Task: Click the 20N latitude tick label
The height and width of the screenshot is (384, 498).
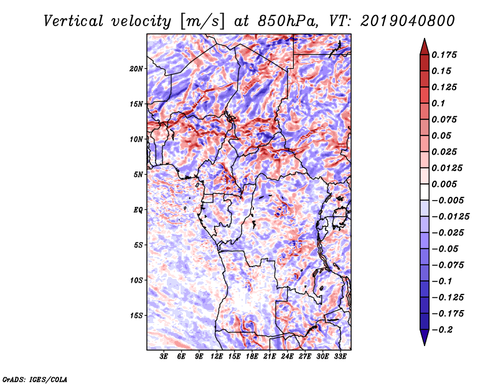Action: click(x=136, y=69)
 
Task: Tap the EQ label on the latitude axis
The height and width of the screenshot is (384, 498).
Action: click(x=138, y=210)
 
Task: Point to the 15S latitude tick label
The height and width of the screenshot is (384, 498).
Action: click(x=136, y=316)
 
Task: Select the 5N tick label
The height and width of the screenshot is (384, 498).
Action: click(x=138, y=175)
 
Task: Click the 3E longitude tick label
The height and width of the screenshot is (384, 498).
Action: click(x=164, y=357)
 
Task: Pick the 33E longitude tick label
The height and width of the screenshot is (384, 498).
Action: click(x=340, y=357)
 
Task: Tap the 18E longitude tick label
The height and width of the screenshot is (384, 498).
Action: click(x=252, y=357)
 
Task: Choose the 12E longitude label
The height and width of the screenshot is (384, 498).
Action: click(x=217, y=357)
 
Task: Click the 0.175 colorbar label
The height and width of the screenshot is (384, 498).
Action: click(x=444, y=55)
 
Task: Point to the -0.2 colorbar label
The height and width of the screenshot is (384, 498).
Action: click(x=442, y=330)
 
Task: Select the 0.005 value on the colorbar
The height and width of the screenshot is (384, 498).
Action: click(x=444, y=184)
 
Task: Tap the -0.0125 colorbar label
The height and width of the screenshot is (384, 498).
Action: click(x=450, y=217)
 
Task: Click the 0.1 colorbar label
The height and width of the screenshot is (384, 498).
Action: click(x=438, y=103)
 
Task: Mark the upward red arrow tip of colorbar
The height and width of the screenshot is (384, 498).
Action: click(x=425, y=39)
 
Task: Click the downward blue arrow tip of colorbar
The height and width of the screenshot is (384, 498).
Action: click(x=425, y=345)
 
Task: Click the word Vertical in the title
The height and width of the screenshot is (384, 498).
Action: click(x=73, y=21)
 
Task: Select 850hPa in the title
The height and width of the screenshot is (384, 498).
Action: click(x=288, y=21)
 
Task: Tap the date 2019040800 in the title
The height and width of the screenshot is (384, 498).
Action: click(x=408, y=21)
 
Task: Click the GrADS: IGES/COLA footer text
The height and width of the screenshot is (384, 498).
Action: click(x=35, y=380)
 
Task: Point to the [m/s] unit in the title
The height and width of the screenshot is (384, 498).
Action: click(x=202, y=22)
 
